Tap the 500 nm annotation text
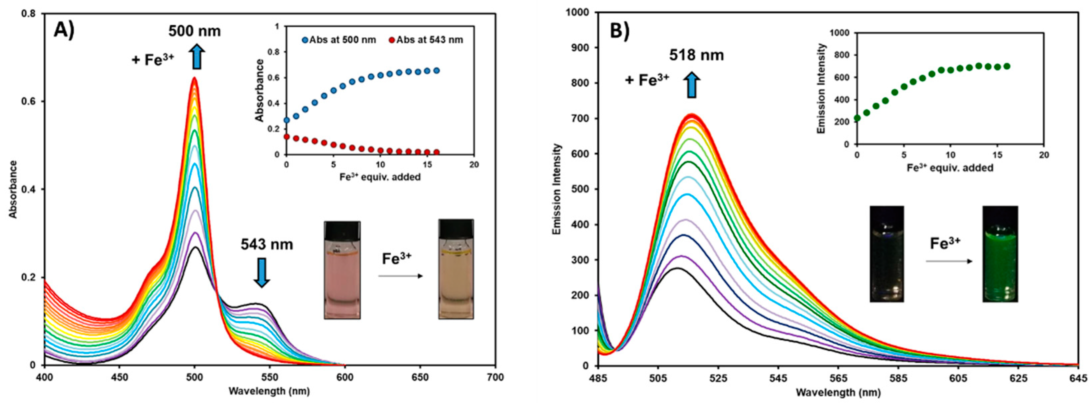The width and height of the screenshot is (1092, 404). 195,31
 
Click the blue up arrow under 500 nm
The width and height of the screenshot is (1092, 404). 197,57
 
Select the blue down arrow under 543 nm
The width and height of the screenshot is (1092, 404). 261,274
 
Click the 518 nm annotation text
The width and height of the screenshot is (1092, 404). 697,55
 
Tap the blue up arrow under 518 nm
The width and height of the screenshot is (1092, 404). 692,85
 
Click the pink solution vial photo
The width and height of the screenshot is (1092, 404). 342,270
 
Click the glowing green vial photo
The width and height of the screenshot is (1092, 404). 1000,254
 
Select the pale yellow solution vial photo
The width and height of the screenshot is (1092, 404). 456,269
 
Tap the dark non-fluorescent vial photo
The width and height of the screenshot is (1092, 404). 886,254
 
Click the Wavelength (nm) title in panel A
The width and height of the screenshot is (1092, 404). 269,391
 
